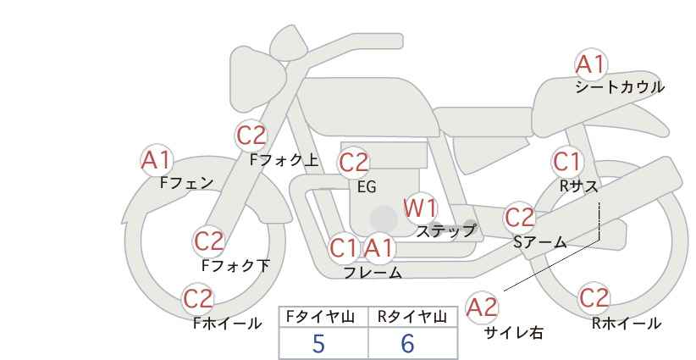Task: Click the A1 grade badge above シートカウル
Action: (591, 64)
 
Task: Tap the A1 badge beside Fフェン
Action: (157, 160)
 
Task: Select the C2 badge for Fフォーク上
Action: (251, 136)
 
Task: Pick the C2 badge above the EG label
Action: (354, 162)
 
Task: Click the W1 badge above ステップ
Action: (420, 208)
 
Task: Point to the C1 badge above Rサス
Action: (567, 161)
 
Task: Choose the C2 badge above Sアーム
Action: (520, 218)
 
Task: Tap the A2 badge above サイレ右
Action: (483, 307)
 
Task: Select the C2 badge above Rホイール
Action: (594, 298)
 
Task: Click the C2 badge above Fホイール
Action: (199, 299)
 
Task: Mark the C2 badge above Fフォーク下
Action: (208, 241)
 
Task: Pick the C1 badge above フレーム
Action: (344, 249)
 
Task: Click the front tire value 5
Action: (319, 344)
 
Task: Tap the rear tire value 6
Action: (407, 344)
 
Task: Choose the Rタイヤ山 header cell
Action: (412, 317)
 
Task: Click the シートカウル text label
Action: (619, 87)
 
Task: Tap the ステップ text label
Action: (446, 230)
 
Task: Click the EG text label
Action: (366, 187)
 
